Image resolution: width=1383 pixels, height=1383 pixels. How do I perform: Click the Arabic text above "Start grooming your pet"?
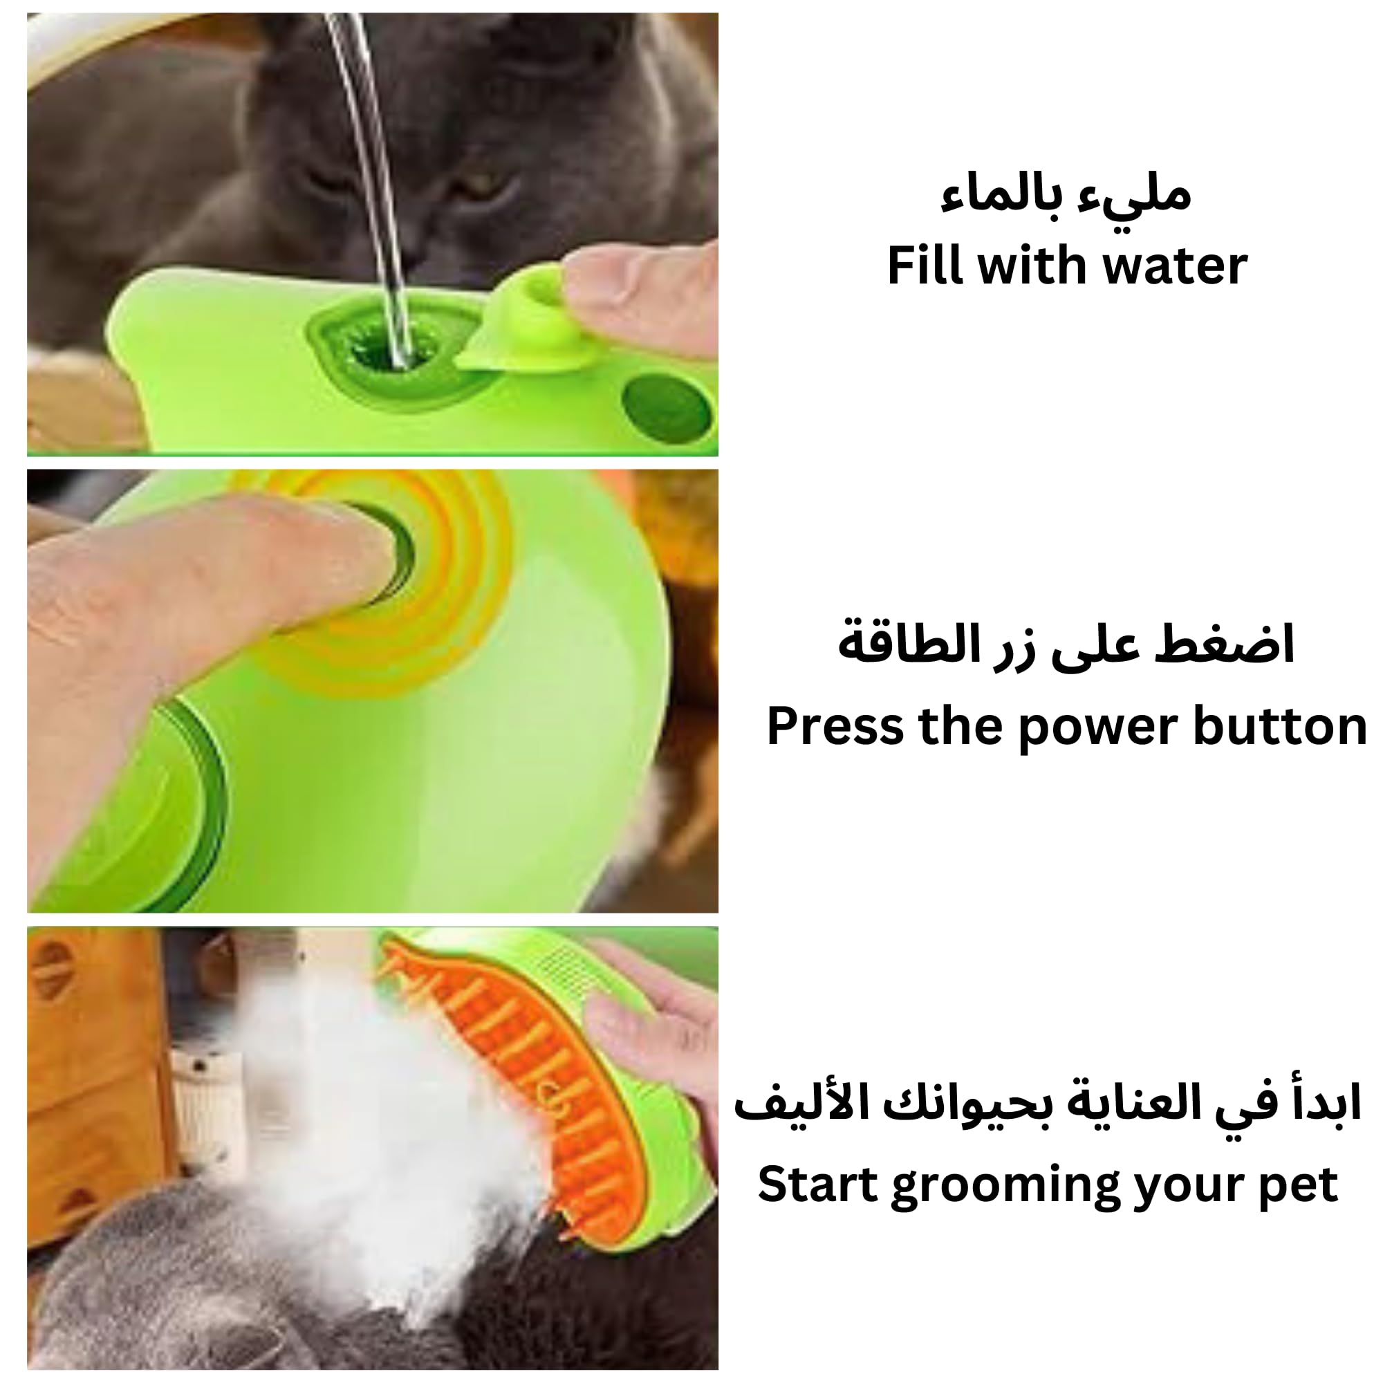(x=1047, y=1102)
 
